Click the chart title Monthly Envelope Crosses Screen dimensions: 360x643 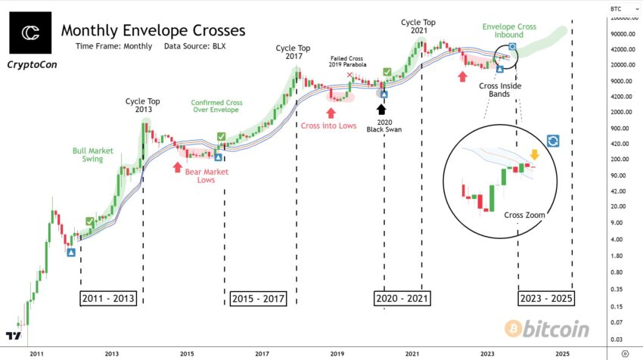[x=153, y=31]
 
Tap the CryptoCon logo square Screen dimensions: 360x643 [x=31, y=33]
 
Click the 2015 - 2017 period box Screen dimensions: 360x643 [x=258, y=298]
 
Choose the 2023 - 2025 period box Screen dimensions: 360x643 [x=546, y=298]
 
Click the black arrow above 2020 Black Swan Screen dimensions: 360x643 [x=382, y=109]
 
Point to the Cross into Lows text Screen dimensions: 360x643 [x=329, y=125]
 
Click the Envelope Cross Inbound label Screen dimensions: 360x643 [x=510, y=32]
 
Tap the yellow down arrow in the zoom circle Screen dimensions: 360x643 [x=534, y=157]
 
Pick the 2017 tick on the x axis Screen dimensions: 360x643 [x=262, y=353]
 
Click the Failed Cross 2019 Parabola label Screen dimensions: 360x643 [x=347, y=61]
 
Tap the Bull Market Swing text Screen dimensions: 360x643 [x=92, y=155]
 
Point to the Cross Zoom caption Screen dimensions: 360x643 [x=524, y=216]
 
